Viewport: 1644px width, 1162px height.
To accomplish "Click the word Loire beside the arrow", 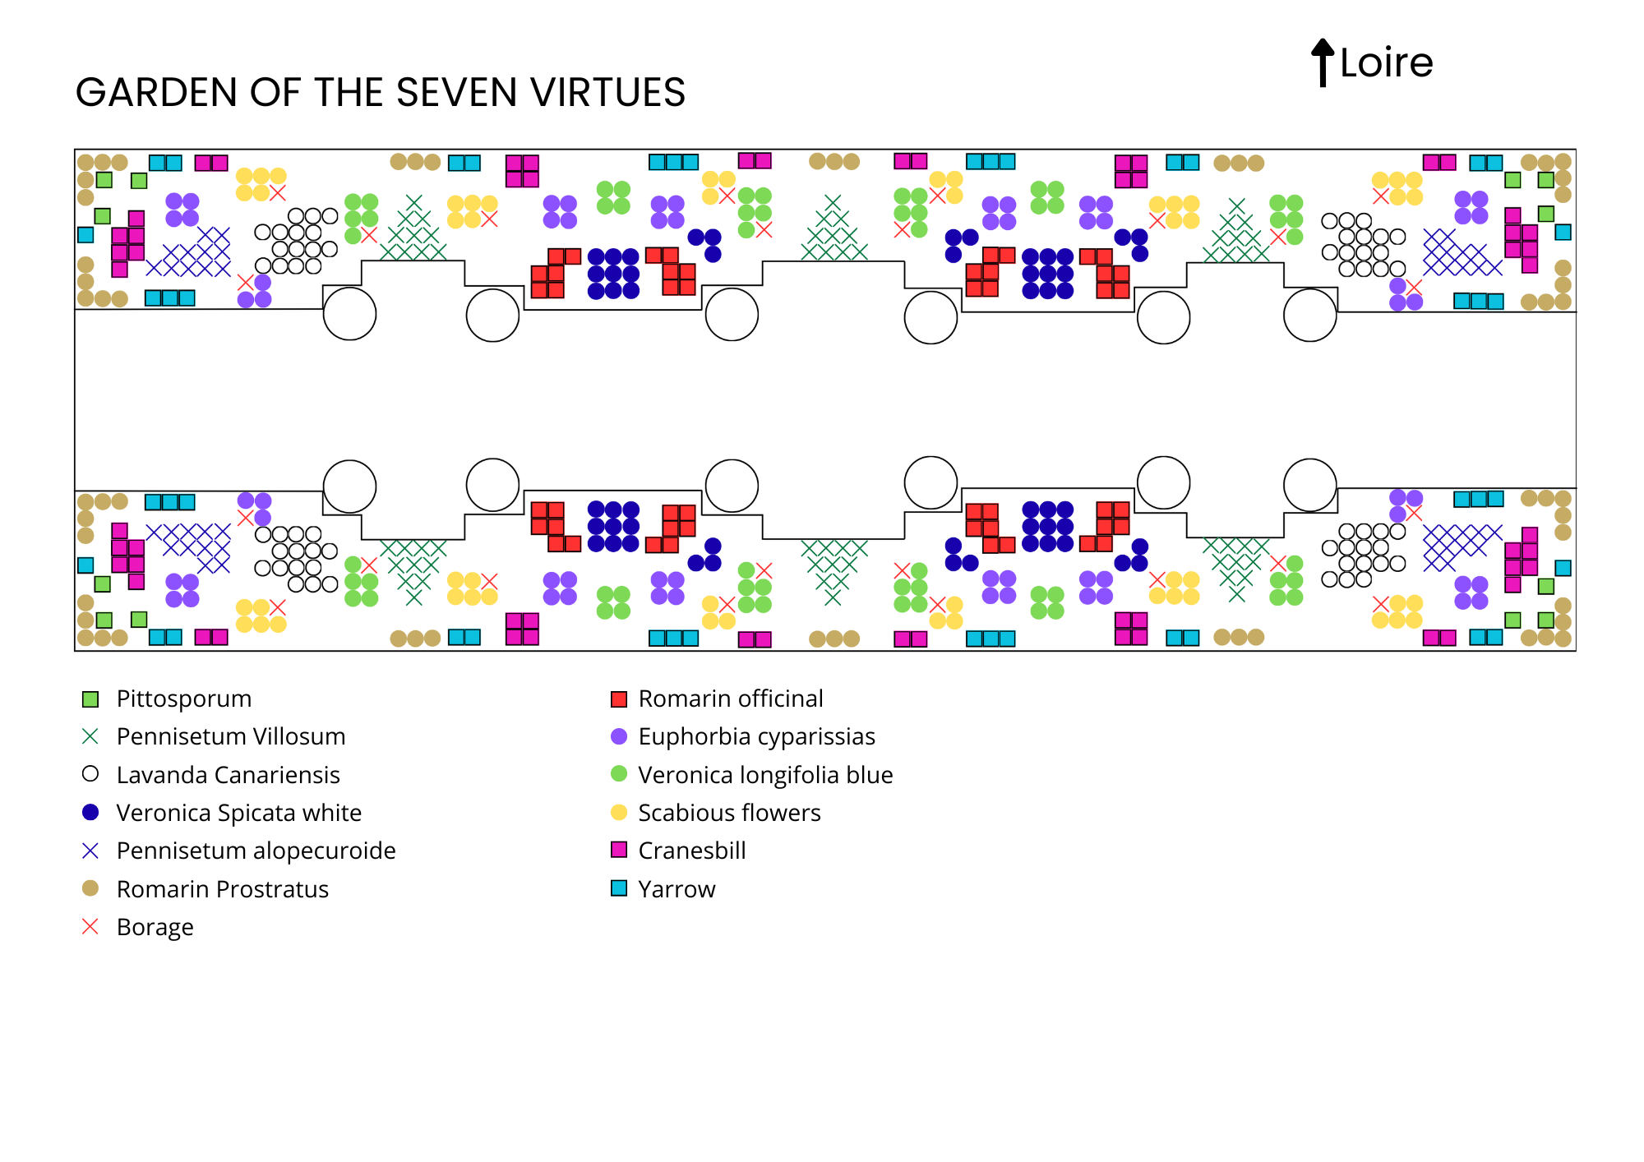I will tap(1386, 63).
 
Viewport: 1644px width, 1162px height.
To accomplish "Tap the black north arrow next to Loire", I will tap(1322, 62).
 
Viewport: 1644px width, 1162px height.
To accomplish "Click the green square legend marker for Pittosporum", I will tap(90, 699).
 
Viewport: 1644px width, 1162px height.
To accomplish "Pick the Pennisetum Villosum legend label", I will tap(230, 736).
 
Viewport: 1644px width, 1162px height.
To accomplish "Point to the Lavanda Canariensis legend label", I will tap(228, 775).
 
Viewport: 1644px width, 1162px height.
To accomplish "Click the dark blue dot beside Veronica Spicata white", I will tap(90, 812).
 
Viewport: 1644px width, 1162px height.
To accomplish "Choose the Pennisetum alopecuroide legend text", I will tap(256, 851).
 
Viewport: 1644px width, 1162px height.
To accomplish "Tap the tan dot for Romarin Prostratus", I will tap(90, 888).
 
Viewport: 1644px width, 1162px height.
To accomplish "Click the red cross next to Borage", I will tap(90, 927).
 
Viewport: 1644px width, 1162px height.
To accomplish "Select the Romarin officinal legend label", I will tap(730, 699).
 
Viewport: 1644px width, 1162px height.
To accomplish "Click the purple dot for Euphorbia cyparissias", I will tap(619, 736).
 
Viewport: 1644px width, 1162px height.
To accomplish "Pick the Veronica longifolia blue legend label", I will tap(765, 775).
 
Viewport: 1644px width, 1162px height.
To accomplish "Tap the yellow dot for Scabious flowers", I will tap(619, 812).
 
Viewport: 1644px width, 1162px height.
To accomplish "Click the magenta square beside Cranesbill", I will tap(619, 850).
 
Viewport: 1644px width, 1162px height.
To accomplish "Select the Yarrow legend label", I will tap(677, 889).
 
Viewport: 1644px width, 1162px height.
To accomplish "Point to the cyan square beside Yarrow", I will tap(619, 888).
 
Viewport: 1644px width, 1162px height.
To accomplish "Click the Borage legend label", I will tap(155, 927).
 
